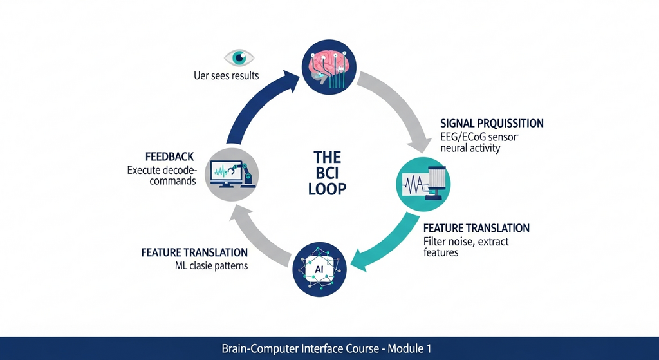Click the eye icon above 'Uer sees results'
pos(239,57)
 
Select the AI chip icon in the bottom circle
pos(319,269)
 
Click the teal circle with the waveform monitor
pos(423,184)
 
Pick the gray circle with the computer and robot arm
pos(232,175)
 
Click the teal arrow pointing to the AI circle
pos(385,246)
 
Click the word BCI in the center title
pos(327,173)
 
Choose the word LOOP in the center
pos(327,189)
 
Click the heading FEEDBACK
pos(170,157)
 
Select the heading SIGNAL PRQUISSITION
pos(492,124)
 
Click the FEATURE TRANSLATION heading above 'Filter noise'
pos(476,229)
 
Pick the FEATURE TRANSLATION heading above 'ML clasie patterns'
pos(194,252)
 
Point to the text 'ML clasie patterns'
pos(211,266)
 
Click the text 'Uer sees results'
pos(226,76)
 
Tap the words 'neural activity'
pos(470,149)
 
